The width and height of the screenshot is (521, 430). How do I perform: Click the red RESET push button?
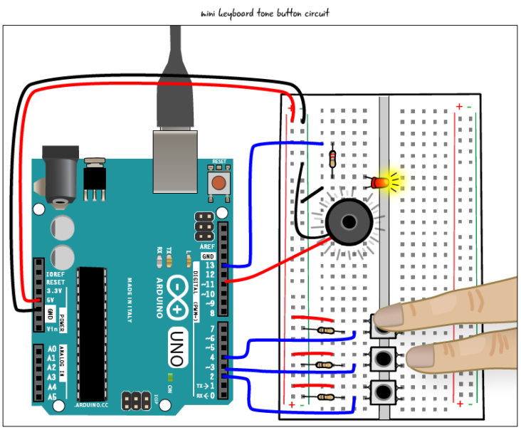pos(219,183)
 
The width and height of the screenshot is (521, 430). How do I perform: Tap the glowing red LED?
pos(381,183)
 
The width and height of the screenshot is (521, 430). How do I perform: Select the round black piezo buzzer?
pos(348,222)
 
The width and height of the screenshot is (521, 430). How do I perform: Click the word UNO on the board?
pos(178,348)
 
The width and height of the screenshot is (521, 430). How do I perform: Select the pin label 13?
pos(209,265)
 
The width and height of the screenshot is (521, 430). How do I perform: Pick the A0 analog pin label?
pos(52,349)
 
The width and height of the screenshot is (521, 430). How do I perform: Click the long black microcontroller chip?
pos(93,333)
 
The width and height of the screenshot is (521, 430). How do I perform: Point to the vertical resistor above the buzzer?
pos(332,159)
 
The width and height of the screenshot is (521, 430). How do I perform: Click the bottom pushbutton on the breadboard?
pos(383,391)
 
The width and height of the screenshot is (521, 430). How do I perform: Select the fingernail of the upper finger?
pos(389,315)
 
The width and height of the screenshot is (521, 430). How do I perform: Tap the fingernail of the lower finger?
pos(420,357)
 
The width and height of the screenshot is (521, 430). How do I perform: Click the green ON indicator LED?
pos(170,377)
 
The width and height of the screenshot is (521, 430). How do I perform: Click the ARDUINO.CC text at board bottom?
pos(93,405)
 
